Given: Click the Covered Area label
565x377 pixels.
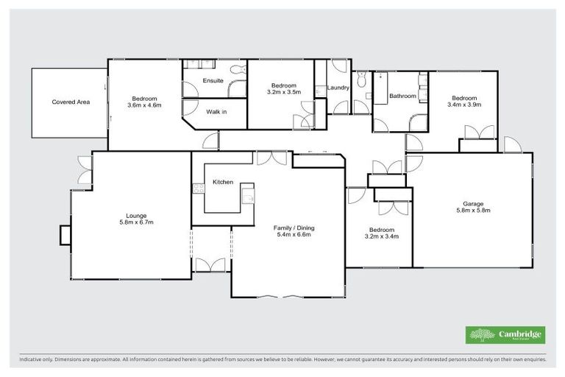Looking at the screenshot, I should pos(71,102).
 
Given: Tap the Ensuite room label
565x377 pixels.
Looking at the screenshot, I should pos(213,80).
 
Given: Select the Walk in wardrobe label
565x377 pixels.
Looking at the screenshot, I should pos(216,111).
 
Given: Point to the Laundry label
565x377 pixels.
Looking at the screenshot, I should pos(338,88).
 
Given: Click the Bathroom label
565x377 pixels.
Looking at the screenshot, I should pos(402,96).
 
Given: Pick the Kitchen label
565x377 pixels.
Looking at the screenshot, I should pos(223,182).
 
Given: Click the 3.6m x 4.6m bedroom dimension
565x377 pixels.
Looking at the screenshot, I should pos(144,105).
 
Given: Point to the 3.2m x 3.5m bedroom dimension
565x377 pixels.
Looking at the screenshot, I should pos(282,92).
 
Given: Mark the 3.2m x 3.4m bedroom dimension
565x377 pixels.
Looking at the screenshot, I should pos(381,237).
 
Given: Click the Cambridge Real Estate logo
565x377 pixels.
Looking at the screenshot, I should pos(505,335).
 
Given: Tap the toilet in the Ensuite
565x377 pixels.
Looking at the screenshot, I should pos(236,69).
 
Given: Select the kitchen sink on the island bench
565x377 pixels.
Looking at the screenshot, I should pos(249,196).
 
